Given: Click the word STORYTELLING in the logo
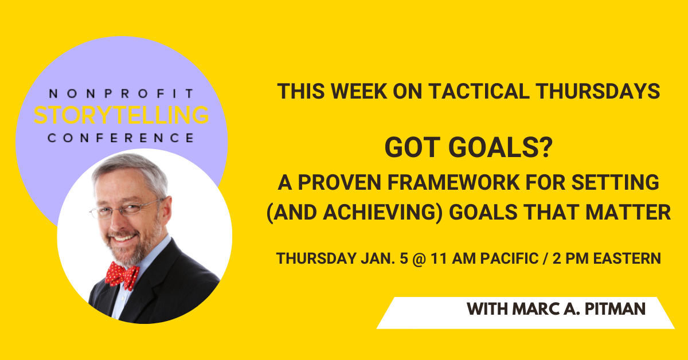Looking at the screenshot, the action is [x=122, y=115].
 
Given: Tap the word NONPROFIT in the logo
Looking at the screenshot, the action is [x=122, y=93].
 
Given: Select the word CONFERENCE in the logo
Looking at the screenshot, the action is [x=122, y=138].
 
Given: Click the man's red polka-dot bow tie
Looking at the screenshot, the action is [x=122, y=276].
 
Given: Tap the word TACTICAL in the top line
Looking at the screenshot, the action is [x=479, y=91].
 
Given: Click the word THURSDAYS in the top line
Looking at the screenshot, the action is [x=598, y=91].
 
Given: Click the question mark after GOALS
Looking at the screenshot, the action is [x=546, y=147].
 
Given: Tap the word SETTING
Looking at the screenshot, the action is [x=615, y=182].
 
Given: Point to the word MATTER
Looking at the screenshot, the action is [x=628, y=213].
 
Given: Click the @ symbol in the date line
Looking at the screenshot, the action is [x=419, y=259].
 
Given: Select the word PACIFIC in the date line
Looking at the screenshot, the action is [x=509, y=259].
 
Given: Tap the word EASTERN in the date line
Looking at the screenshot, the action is [x=627, y=259].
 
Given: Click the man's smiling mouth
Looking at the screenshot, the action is [x=123, y=238].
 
